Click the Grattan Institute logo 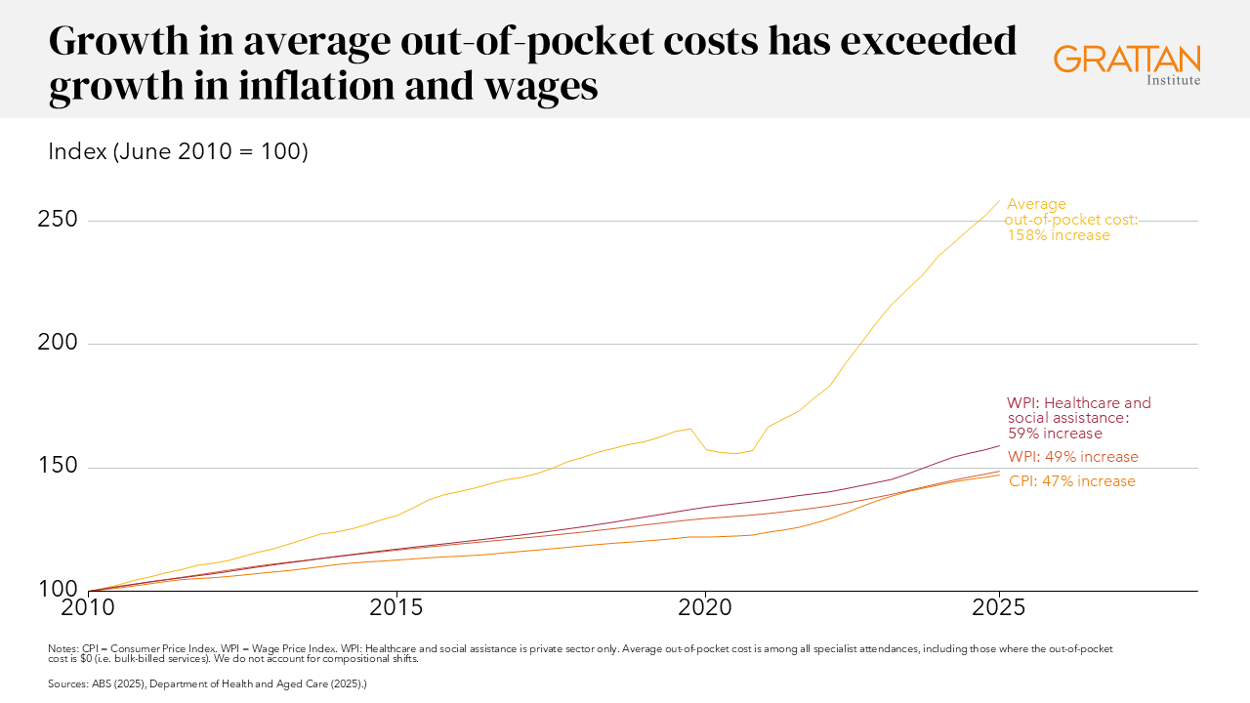coord(1127,63)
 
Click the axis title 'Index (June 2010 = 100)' coord(178,152)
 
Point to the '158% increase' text coord(1059,235)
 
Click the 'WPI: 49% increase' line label coord(1073,457)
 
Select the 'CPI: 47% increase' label coord(1071,481)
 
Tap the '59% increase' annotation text coord(1055,434)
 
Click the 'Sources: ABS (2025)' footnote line coord(207,684)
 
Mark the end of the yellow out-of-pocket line coord(999,201)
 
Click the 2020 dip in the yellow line coord(732,453)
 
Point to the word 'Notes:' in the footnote coord(63,648)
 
